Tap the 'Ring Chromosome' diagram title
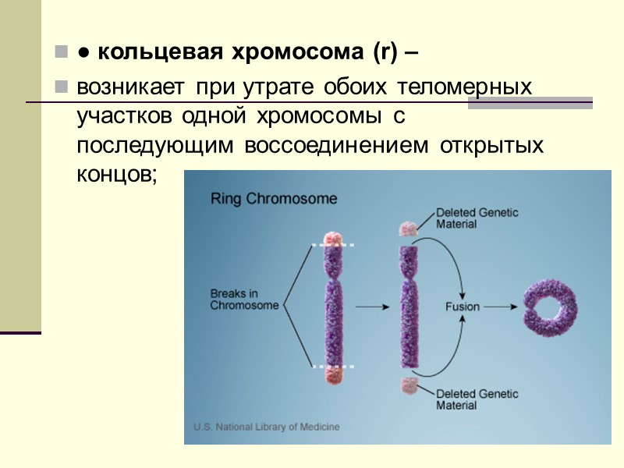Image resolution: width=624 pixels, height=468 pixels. pos(274,198)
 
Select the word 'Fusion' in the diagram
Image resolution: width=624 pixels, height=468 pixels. pos(462,307)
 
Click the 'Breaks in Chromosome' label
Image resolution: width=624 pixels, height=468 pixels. pos(243,300)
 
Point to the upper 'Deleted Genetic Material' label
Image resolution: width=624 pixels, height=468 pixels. pos(477,218)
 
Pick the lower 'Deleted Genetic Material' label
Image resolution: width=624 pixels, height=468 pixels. pos(477,399)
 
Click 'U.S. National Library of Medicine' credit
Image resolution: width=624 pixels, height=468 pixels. pos(266,427)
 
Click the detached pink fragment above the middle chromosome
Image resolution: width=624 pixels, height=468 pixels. pos(408,229)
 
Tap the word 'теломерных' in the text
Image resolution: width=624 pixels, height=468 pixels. pos(466,86)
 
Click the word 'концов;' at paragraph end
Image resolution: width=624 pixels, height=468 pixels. pos(117,175)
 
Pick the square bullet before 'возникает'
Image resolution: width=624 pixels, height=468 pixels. pos(61,86)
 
